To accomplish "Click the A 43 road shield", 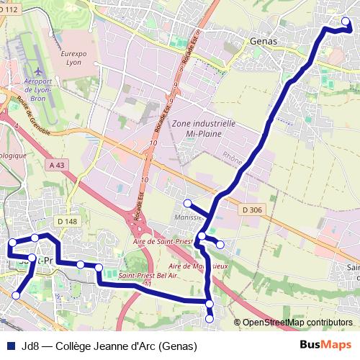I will [x=60, y=166].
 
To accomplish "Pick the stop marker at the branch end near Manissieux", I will [x=186, y=202].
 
